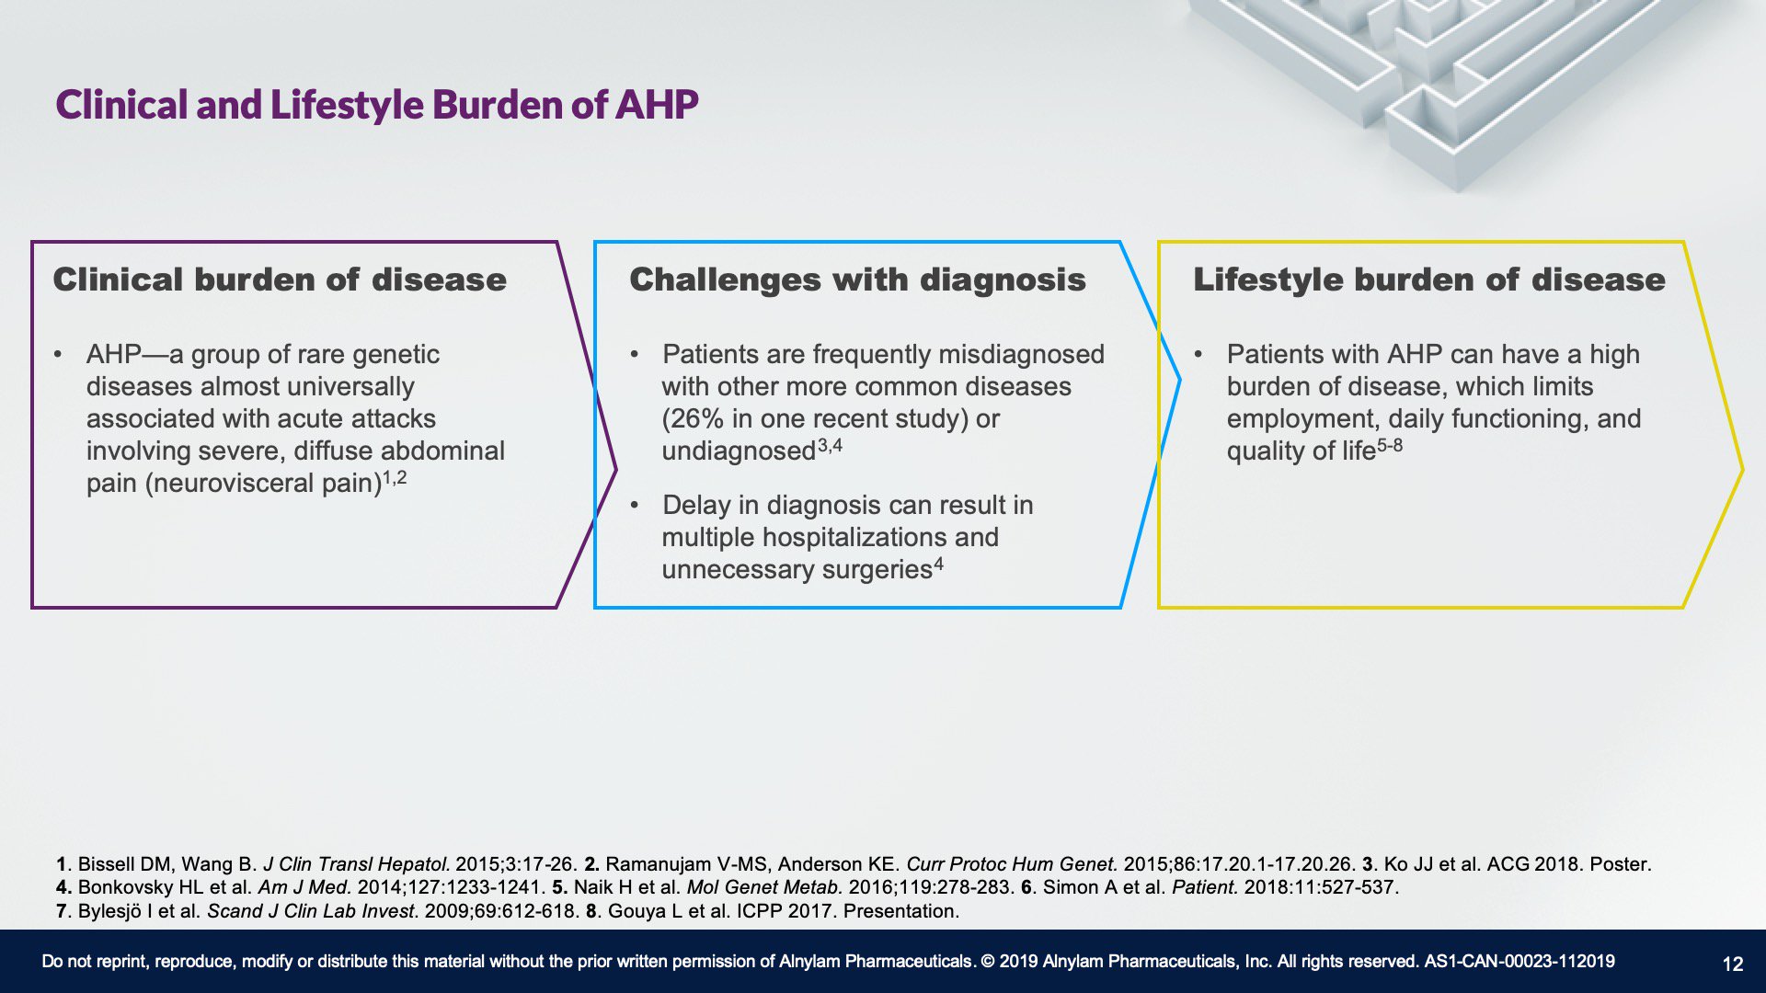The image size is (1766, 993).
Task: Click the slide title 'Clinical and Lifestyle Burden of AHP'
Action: pyautogui.click(x=377, y=105)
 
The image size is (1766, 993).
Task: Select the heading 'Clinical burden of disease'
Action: pyautogui.click(x=280, y=280)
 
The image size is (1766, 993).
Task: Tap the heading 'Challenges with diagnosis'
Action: pyautogui.click(x=857, y=280)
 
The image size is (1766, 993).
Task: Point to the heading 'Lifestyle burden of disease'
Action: pyautogui.click(x=1429, y=280)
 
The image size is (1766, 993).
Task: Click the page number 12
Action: pyautogui.click(x=1733, y=964)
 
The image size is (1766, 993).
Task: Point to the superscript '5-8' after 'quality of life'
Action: pyautogui.click(x=1390, y=446)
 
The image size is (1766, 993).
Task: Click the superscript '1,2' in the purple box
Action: pyautogui.click(x=395, y=478)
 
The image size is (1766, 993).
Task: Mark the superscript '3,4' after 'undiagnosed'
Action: pyautogui.click(x=830, y=446)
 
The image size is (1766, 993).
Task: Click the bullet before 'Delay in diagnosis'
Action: pyautogui.click(x=635, y=505)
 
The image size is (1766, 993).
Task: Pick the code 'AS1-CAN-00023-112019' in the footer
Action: pyautogui.click(x=1519, y=962)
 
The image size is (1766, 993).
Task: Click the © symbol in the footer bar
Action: pyautogui.click(x=988, y=962)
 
